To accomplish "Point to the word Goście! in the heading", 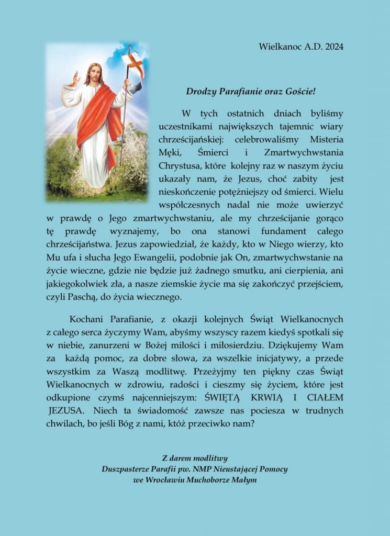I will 298,92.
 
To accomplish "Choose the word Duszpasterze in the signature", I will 127,470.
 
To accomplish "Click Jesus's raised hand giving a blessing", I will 75,79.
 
